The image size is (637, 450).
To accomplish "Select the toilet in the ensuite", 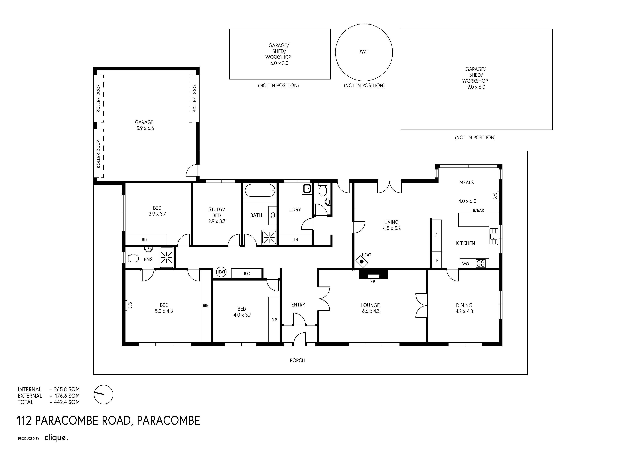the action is [x=132, y=258].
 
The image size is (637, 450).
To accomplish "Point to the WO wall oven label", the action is [x=466, y=264].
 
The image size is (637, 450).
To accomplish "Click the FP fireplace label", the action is [x=373, y=281].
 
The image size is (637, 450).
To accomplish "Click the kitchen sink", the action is [x=494, y=236].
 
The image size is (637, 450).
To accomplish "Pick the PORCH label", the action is [x=297, y=360].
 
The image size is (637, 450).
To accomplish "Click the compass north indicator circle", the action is [x=104, y=394].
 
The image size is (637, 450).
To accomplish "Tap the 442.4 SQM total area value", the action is [x=67, y=402].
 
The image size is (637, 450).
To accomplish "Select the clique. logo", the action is [x=56, y=438].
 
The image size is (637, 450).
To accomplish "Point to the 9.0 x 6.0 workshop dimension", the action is [x=476, y=87].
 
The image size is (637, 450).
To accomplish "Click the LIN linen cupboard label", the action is [x=295, y=240].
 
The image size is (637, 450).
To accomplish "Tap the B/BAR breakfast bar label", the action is [x=478, y=210].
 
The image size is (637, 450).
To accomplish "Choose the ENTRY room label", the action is [x=298, y=305].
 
